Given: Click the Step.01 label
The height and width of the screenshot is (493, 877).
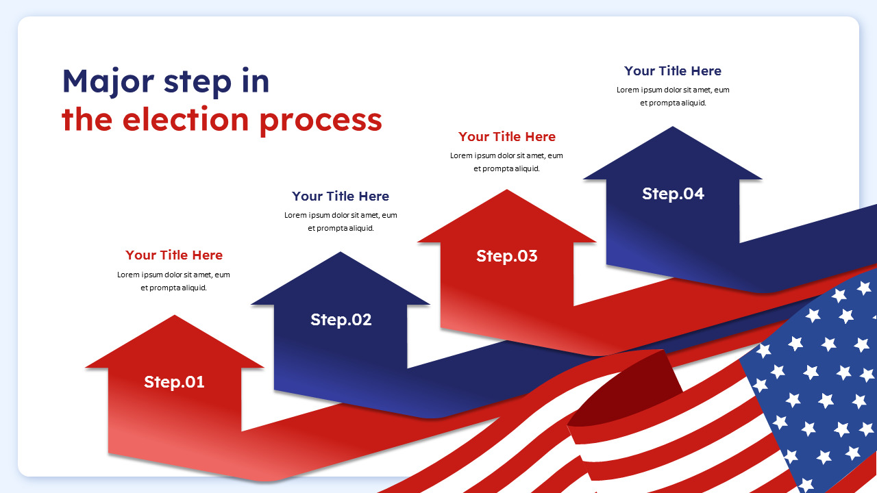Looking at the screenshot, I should (x=174, y=382).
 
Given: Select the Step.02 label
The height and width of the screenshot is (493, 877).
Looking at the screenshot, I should (x=341, y=320).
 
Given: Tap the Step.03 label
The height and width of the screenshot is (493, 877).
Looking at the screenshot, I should (x=507, y=256).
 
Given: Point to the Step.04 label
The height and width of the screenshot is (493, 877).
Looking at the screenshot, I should (x=673, y=194).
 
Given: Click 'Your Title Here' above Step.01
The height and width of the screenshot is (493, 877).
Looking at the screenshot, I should (x=174, y=255).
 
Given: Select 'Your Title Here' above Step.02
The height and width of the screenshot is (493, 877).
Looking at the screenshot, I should (x=341, y=196).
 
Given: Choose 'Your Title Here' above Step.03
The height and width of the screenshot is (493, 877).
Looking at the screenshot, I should (x=507, y=136).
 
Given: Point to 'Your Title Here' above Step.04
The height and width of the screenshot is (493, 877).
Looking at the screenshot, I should (x=673, y=71).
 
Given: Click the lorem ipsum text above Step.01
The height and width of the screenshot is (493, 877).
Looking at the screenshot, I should (x=174, y=281).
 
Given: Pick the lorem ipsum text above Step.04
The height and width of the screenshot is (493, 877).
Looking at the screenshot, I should (x=673, y=96).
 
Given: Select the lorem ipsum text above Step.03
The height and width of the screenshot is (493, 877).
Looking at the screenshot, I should (x=507, y=162).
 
